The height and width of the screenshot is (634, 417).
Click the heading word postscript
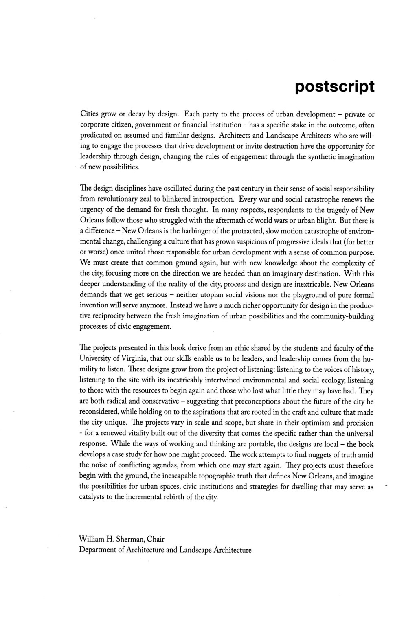point(334,86)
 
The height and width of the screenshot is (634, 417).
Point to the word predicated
point(95,136)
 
